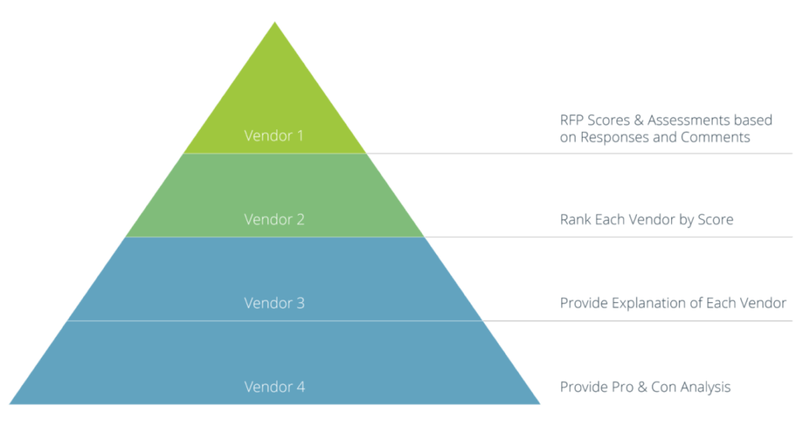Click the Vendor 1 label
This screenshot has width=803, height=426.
(x=274, y=136)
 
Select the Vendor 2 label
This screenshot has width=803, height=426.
(x=274, y=220)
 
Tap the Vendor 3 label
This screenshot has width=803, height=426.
(x=274, y=303)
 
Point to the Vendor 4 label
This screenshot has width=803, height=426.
(x=274, y=387)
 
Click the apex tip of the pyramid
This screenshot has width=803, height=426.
(x=274, y=22)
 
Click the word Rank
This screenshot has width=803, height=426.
(x=573, y=220)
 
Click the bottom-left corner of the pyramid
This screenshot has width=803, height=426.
(x=9, y=404)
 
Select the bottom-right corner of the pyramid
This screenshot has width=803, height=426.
(x=540, y=404)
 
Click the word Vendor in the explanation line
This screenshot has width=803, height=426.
(x=763, y=303)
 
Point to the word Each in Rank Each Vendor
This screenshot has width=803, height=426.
(x=607, y=220)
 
